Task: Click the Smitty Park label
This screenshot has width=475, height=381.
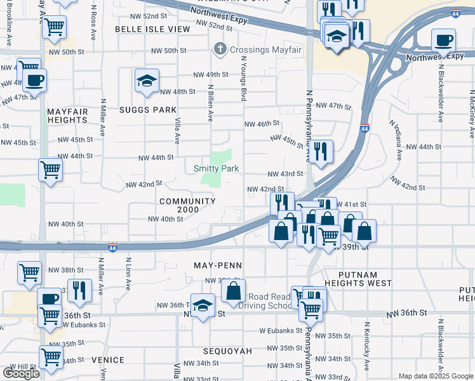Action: tap(217, 168)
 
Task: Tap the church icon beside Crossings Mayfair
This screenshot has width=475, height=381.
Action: tap(220, 48)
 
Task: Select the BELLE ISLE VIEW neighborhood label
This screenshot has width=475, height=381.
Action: tap(152, 29)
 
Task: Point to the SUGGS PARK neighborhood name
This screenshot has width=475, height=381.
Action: tap(147, 110)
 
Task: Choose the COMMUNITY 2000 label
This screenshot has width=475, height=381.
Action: tap(187, 206)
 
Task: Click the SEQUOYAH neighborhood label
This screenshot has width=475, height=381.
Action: tap(227, 351)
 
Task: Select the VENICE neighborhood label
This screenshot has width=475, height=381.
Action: tap(108, 360)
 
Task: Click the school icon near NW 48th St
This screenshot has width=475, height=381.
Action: tap(147, 81)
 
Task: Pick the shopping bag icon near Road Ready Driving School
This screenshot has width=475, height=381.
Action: tap(234, 291)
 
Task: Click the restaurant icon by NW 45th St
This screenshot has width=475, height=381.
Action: tap(321, 151)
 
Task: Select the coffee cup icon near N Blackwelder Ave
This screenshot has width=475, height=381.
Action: tap(443, 41)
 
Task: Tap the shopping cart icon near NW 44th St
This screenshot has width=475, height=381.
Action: tap(50, 170)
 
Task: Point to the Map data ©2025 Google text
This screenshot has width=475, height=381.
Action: tap(435, 376)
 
